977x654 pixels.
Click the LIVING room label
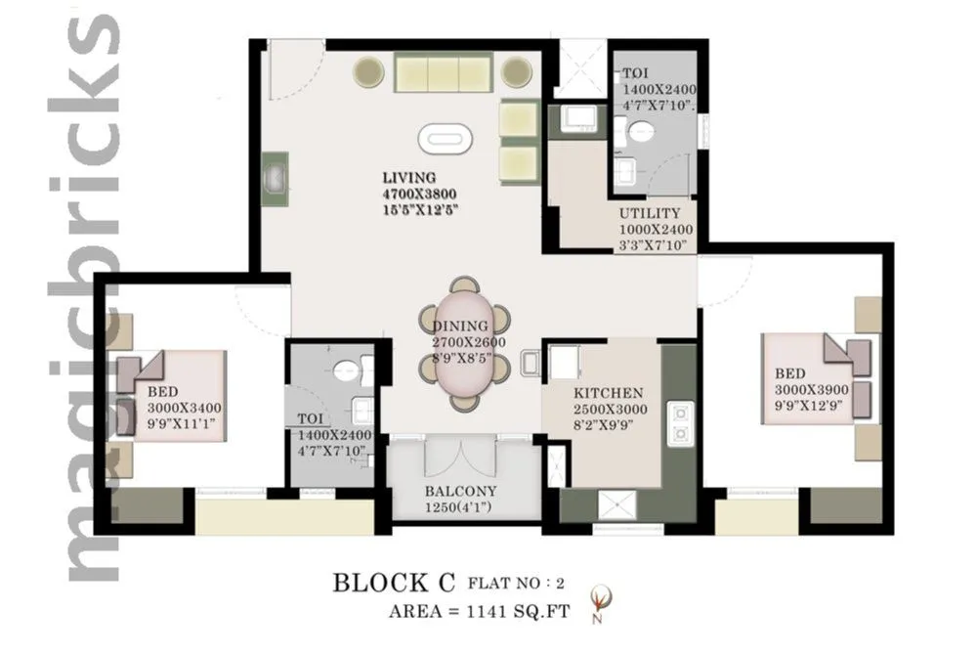[407, 178]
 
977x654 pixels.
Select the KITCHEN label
[608, 393]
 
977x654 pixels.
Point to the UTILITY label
[649, 213]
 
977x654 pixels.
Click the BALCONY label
[460, 492]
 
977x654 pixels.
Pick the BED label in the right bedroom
[790, 373]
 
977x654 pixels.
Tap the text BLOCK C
[395, 584]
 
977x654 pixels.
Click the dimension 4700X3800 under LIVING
[420, 194]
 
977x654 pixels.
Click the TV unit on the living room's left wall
[275, 178]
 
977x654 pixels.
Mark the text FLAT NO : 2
[517, 585]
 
